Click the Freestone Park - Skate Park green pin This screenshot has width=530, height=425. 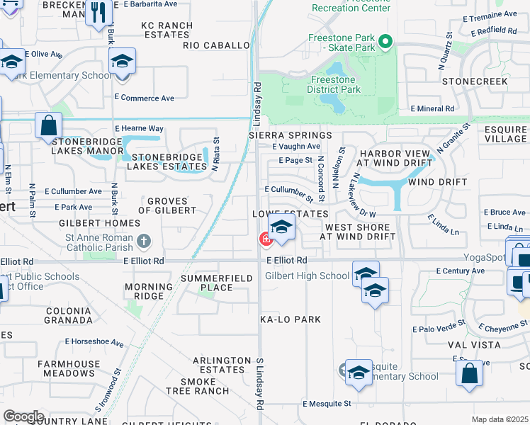pyautogui.click(x=385, y=42)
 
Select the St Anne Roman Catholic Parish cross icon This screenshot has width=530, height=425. pyautogui.click(x=144, y=242)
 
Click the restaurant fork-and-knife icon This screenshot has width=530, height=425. pyautogui.click(x=98, y=11)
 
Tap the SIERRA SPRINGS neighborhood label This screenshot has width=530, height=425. pyautogui.click(x=290, y=135)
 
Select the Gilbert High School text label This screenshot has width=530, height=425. pyautogui.click(x=308, y=276)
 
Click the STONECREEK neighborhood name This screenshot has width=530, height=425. pyautogui.click(x=475, y=81)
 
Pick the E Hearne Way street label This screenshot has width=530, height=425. pyautogui.click(x=143, y=128)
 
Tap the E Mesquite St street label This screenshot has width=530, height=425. pyautogui.click(x=327, y=404)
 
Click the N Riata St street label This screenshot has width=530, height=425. pyautogui.click(x=216, y=154)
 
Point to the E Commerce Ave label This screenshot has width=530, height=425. pyautogui.click(x=144, y=98)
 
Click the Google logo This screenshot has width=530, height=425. pyautogui.click(x=24, y=416)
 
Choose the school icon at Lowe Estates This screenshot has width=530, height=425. pyautogui.click(x=281, y=227)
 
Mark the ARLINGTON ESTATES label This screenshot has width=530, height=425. pyautogui.click(x=222, y=365)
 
